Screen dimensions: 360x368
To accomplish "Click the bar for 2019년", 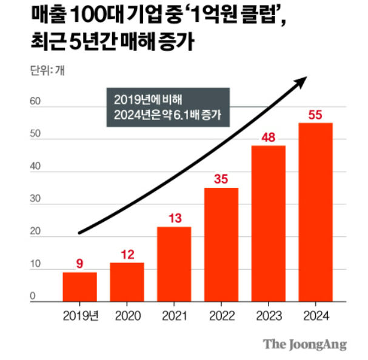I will (x=79, y=287).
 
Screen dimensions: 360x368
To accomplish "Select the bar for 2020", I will (x=127, y=282).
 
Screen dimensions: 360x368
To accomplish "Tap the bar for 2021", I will (x=174, y=264).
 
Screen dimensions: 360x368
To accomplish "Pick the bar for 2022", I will (x=221, y=245).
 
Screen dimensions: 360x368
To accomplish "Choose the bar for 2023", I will (x=269, y=224).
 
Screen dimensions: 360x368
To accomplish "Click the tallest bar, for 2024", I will (x=315, y=212).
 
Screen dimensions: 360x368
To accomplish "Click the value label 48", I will (x=269, y=137).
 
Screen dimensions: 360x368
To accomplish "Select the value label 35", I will (x=221, y=179).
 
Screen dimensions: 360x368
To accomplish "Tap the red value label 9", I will (x=79, y=264).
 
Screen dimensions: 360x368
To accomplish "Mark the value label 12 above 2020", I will (x=127, y=255).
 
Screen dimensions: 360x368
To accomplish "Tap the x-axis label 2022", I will (x=221, y=316).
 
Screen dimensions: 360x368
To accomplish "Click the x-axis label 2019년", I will (x=79, y=316).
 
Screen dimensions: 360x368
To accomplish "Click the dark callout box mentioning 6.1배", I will (x=168, y=107).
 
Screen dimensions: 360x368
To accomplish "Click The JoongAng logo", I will (x=304, y=344).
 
